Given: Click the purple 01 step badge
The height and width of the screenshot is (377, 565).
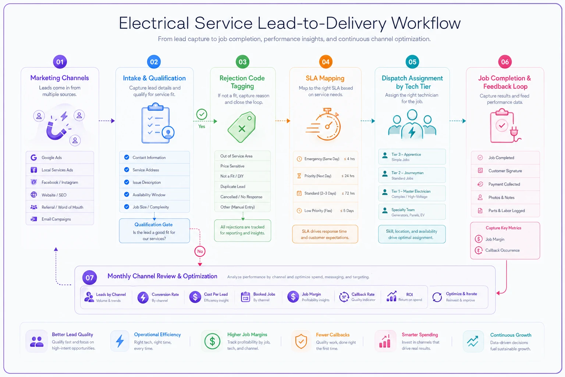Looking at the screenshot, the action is (x=60, y=62).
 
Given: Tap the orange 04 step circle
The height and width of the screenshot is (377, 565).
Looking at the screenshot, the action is (x=326, y=62).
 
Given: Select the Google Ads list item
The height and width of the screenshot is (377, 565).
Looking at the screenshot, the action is (x=60, y=158).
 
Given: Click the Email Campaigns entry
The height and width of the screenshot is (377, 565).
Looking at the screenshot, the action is (x=60, y=219).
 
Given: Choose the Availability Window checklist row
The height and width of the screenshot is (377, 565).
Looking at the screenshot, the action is (x=154, y=195).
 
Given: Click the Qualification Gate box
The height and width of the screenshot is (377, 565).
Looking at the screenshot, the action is (x=154, y=231).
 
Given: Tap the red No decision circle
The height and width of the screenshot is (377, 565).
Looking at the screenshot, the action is (x=200, y=251).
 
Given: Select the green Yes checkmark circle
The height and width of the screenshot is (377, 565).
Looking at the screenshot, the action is (x=202, y=114).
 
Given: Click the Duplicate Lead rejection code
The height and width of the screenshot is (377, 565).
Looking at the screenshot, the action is (x=242, y=187).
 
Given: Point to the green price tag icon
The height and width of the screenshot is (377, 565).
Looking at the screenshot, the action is (x=242, y=127).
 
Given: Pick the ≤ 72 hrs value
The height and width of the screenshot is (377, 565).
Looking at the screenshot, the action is (x=348, y=193).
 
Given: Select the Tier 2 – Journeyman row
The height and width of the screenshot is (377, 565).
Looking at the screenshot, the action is (x=412, y=175).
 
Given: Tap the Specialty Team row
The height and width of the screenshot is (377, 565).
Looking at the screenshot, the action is (x=412, y=212).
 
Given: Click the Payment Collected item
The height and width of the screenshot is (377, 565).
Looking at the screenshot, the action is (x=505, y=184).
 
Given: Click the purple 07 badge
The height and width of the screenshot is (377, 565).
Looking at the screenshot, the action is (x=89, y=278).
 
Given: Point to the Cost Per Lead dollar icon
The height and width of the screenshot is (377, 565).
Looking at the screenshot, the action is (x=195, y=297).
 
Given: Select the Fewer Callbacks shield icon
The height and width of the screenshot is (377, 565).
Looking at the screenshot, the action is (x=301, y=341).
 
